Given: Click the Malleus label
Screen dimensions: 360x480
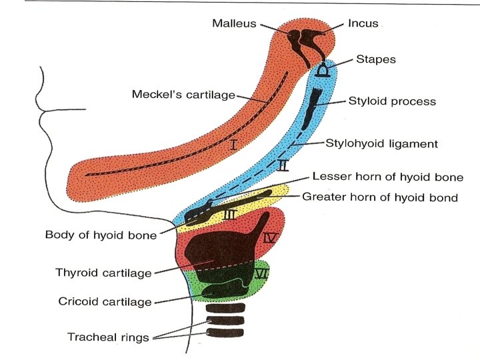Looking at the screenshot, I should (235, 24).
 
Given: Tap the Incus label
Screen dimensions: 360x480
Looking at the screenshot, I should (363, 23).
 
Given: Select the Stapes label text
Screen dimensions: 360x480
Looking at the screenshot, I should (375, 59).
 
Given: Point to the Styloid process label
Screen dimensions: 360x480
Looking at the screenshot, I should (392, 101).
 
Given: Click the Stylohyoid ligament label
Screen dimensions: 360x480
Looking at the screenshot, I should (381, 143).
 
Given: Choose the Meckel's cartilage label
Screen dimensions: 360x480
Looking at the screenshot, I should (183, 95).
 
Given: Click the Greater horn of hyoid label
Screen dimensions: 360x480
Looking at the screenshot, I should (380, 197).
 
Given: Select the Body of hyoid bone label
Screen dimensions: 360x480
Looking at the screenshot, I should (101, 235).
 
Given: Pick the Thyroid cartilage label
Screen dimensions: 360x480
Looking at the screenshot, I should (103, 273).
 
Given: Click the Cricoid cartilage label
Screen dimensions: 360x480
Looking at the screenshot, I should (105, 302).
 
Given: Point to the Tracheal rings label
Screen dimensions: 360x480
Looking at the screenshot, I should (109, 337).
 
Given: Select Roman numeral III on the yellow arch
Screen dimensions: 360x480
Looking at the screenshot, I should (230, 214).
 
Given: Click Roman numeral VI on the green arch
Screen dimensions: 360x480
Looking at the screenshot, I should (261, 273).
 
